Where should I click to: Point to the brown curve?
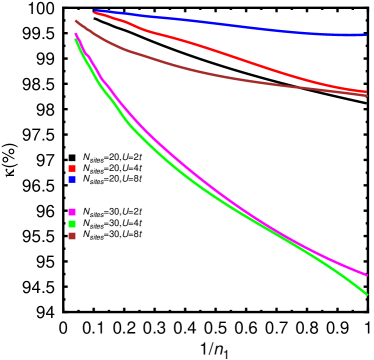tap(200, 72)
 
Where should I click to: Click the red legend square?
tap(72, 169)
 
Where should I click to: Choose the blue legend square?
tap(72, 180)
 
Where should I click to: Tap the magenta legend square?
tap(72, 212)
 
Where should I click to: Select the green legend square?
tap(72, 224)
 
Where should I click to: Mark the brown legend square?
tap(72, 236)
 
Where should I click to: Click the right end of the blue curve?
tap(366, 35)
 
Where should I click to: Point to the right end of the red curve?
tap(366, 92)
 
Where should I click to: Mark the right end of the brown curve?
tap(366, 95)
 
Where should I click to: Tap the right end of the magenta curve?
tap(366, 274)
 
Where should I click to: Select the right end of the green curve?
tap(366, 294)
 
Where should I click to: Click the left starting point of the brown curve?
tap(76, 20)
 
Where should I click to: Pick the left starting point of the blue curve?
tap(95, 11)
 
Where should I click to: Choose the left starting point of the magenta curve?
tap(76, 34)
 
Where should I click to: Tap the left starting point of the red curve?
tap(95, 12)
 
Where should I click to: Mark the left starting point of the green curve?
tap(76, 37)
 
